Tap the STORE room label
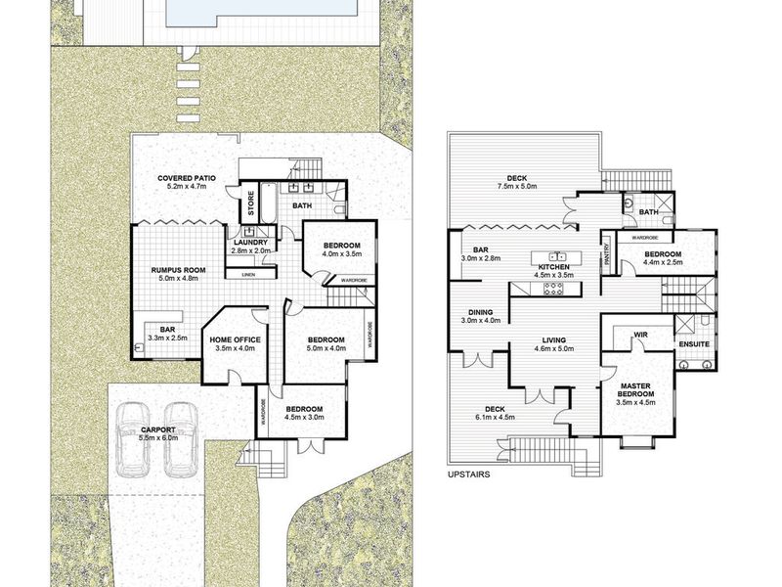[x=251, y=203]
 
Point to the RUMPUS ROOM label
[x=178, y=270]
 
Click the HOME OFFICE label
[x=235, y=339]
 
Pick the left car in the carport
[x=133, y=439]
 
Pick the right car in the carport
[x=181, y=439]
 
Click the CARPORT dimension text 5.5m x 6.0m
[x=158, y=437]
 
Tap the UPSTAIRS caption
[x=469, y=474]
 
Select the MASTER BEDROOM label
[x=635, y=389]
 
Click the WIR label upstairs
[x=640, y=335]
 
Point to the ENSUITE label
[x=694, y=344]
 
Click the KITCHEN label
[x=554, y=267]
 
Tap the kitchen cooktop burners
[x=553, y=289]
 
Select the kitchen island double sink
[x=556, y=257]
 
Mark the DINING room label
[x=480, y=312]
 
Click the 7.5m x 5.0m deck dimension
[x=517, y=186]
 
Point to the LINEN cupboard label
[x=248, y=275]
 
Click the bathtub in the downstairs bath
[x=268, y=203]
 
